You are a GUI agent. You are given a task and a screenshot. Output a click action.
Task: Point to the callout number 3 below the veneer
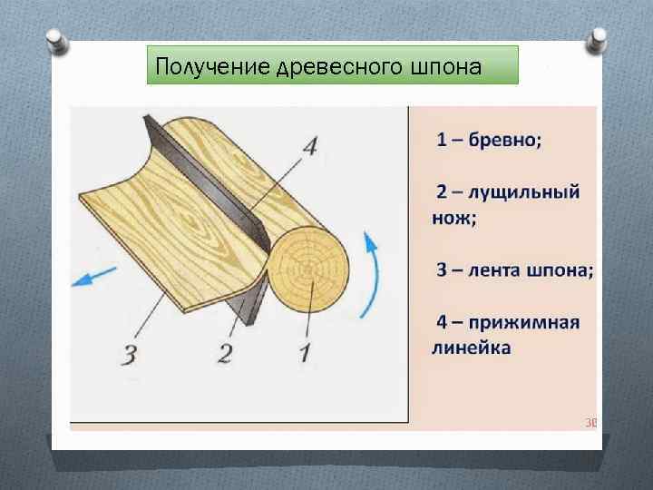129,354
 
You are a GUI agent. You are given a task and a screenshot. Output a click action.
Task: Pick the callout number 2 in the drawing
224,352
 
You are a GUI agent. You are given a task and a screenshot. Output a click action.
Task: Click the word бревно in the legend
508,140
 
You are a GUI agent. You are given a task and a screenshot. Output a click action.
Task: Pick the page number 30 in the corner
591,422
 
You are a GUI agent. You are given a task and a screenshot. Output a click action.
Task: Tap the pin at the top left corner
55,40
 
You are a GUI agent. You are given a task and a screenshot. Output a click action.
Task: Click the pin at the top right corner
599,38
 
